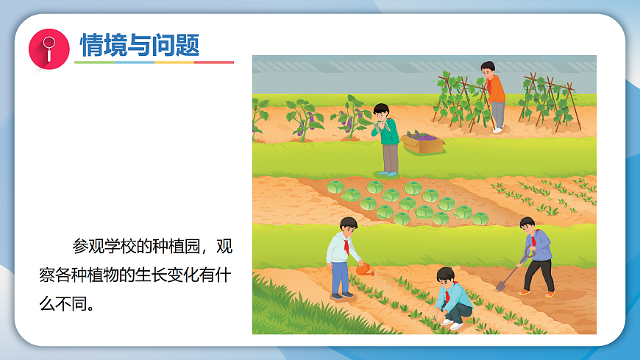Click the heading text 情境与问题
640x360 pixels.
point(140,46)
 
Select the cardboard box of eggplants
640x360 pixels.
point(423,141)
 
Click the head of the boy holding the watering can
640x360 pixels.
point(348,227)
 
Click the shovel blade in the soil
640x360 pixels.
point(501,285)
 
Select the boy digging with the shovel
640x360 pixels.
point(537,255)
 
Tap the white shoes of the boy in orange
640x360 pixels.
point(498,130)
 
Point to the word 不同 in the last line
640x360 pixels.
point(74,303)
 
